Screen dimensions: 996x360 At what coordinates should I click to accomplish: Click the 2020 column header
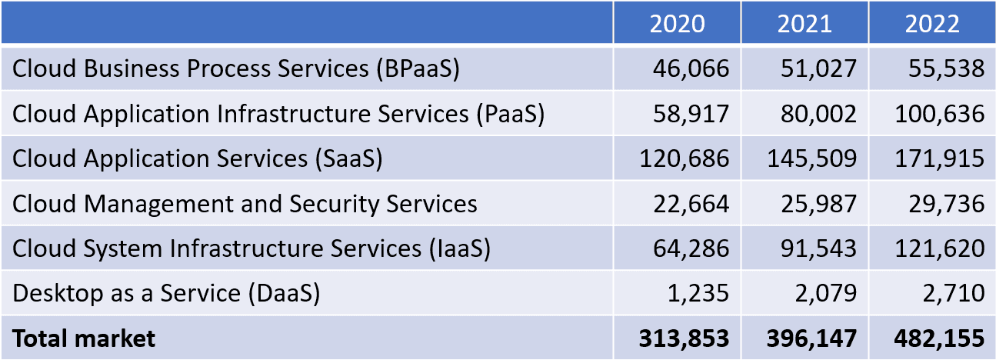pyautogui.click(x=677, y=24)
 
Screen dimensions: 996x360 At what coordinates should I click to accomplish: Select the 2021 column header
pyautogui.click(x=804, y=24)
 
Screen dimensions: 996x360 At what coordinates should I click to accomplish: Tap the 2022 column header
pyautogui.click(x=932, y=24)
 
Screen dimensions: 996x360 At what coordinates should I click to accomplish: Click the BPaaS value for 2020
pyautogui.click(x=691, y=68)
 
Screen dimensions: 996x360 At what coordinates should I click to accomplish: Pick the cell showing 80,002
pyautogui.click(x=818, y=114)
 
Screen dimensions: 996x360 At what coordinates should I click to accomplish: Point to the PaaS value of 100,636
pyautogui.click(x=940, y=114)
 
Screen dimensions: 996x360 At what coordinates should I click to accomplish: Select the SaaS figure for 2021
pyautogui.click(x=812, y=158)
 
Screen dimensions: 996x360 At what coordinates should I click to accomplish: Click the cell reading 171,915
pyautogui.click(x=940, y=158)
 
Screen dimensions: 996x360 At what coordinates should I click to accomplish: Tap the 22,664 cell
pyautogui.click(x=691, y=204)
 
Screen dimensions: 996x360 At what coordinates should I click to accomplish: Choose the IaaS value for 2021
pyautogui.click(x=818, y=248)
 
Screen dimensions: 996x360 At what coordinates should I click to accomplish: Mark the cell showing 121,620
pyautogui.click(x=940, y=248)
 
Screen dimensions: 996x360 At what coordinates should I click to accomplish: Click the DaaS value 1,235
pyautogui.click(x=698, y=293)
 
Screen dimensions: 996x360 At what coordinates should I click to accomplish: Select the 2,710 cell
pyautogui.click(x=954, y=293)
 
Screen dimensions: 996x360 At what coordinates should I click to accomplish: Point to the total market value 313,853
pyautogui.click(x=685, y=338)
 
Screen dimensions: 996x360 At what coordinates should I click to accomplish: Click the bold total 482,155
pyautogui.click(x=940, y=338)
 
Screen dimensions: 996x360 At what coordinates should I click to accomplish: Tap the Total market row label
pyautogui.click(x=84, y=338)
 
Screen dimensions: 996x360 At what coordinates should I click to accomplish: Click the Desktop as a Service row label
pyautogui.click(x=166, y=293)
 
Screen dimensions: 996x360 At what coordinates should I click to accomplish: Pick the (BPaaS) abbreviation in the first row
pyautogui.click(x=418, y=69)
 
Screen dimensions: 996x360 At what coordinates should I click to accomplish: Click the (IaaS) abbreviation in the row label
pyautogui.click(x=460, y=248)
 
